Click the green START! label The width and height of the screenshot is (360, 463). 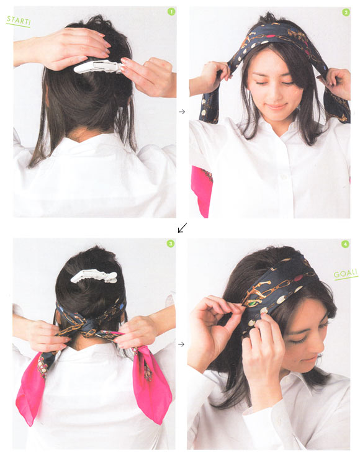tap(18, 21)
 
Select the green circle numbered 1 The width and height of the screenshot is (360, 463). tap(171, 12)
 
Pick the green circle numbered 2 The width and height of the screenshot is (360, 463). tap(346, 12)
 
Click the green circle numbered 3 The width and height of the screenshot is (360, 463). tap(171, 243)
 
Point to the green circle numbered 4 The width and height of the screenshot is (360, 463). tap(345, 244)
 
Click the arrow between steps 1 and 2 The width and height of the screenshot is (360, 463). tap(182, 112)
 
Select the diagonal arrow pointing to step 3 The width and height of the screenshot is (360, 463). tap(182, 228)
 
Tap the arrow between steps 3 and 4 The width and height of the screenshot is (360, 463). tap(181, 344)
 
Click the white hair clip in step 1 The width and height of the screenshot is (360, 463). tap(97, 66)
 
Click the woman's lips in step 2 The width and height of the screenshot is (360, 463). tap(276, 106)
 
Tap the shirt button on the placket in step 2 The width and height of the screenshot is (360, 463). tap(284, 177)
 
